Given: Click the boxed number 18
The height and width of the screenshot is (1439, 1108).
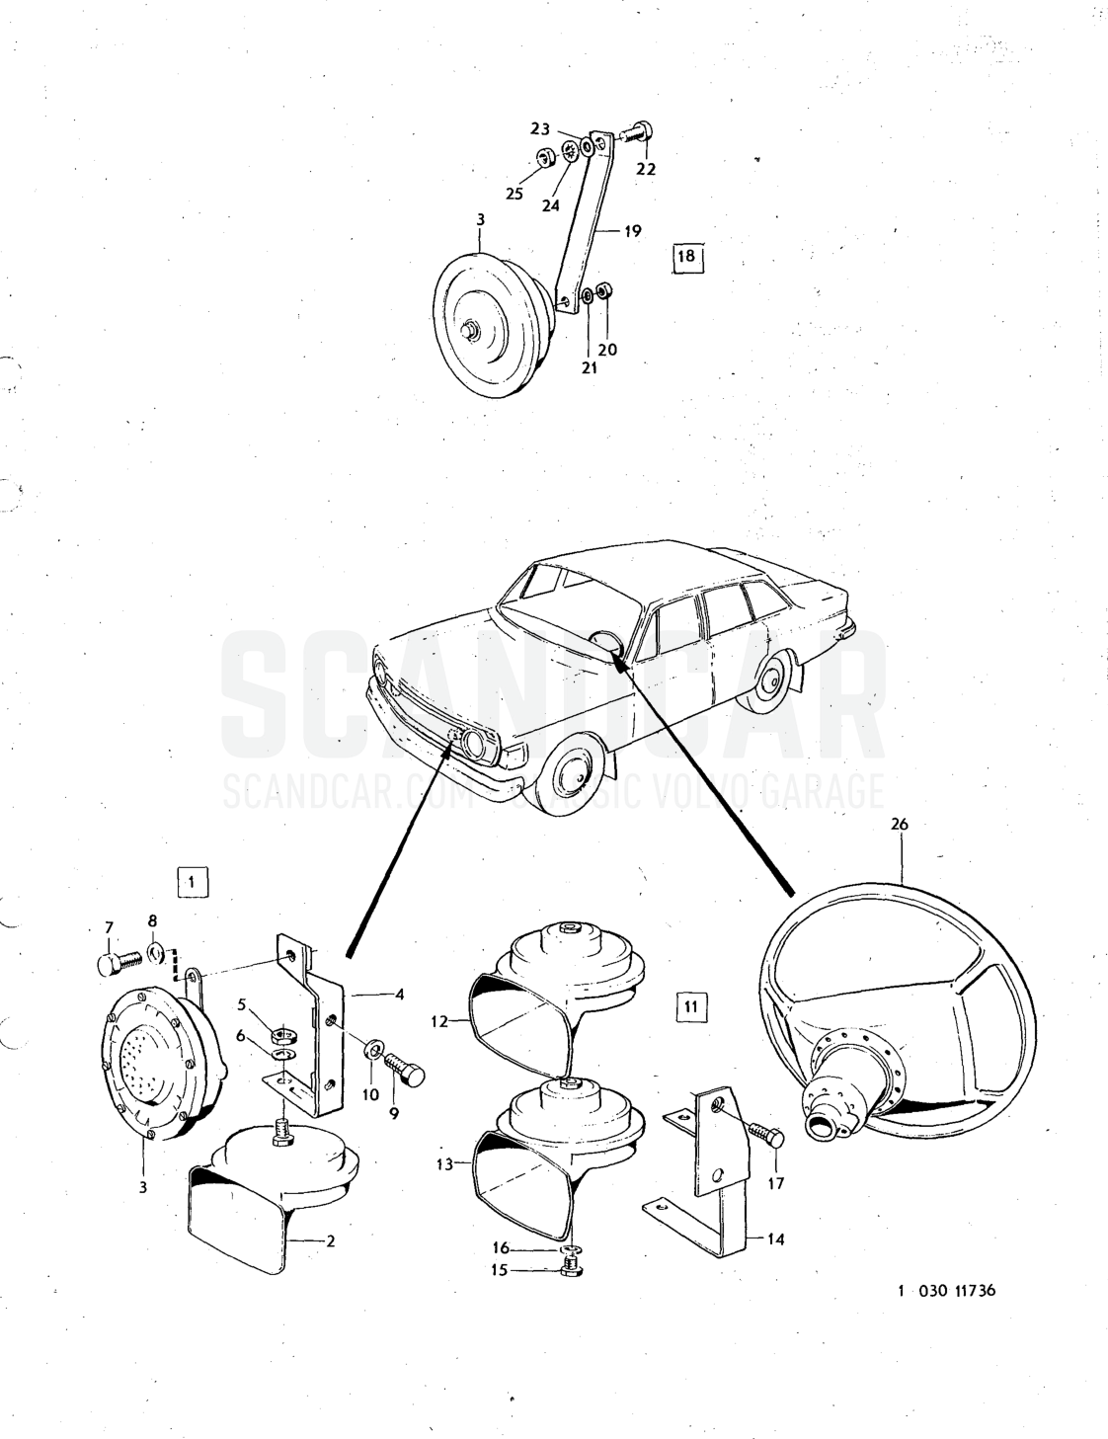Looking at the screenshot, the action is [x=687, y=256].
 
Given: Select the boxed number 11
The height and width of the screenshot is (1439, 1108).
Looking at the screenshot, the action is [x=690, y=1025].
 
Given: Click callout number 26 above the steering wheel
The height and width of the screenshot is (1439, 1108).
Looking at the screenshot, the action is [x=900, y=825].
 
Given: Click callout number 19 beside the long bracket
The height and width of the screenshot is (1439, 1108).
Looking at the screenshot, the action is [x=633, y=231].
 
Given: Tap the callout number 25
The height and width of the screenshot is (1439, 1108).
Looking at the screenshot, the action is [x=514, y=194].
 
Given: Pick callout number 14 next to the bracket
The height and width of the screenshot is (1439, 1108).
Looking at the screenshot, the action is [x=775, y=1239].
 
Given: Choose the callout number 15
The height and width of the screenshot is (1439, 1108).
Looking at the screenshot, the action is [x=500, y=1271].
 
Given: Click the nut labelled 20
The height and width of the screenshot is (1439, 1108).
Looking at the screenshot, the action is [x=603, y=290].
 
